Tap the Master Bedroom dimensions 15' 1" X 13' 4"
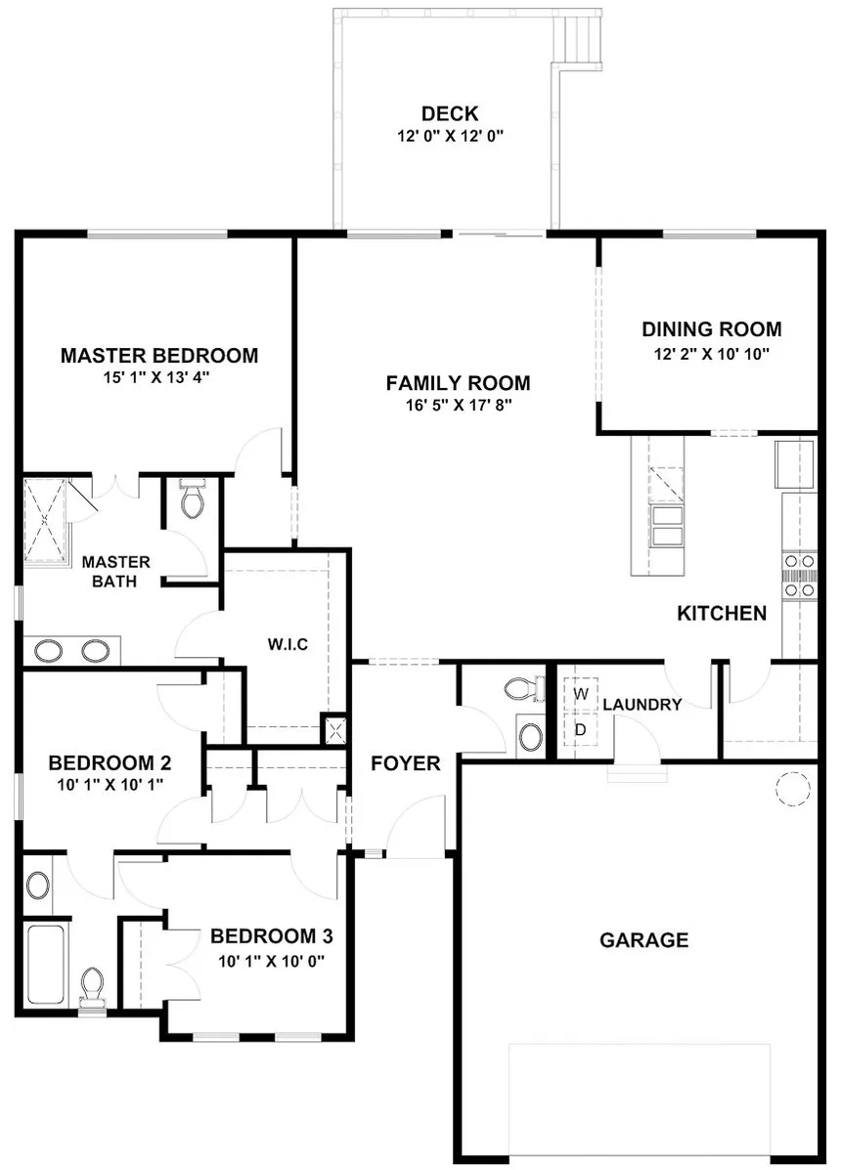[159, 377]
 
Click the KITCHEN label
[722, 614]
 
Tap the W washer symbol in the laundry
[580, 693]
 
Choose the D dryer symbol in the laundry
[580, 729]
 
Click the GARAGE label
[643, 940]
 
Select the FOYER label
[405, 763]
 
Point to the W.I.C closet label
[288, 645]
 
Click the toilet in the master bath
[193, 499]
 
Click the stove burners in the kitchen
[799, 576]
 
